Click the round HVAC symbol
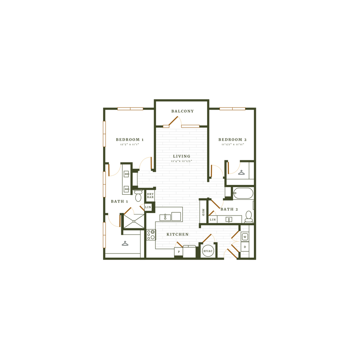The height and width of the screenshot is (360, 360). pos(208,251)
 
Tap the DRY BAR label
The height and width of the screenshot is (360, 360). pos(150,196)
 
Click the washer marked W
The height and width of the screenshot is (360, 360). pos(245,237)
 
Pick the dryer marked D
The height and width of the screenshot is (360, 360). pos(245,247)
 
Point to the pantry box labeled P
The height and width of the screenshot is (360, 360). pos(179,252)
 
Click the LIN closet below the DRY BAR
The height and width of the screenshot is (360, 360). pos(148,207)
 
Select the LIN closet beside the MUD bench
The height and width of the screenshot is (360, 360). pos(212,220)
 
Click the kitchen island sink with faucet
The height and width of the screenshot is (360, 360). pos(165,217)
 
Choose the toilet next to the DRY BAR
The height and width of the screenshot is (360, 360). pos(138,197)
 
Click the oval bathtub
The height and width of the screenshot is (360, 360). pos(243,193)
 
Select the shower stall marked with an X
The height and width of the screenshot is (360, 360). pos(133,221)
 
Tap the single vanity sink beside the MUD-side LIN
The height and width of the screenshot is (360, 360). pos(229,220)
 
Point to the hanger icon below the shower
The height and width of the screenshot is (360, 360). pos(124,243)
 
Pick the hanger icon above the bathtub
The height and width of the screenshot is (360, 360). pos(241,173)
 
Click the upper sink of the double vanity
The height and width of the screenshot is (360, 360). pos(126,174)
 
